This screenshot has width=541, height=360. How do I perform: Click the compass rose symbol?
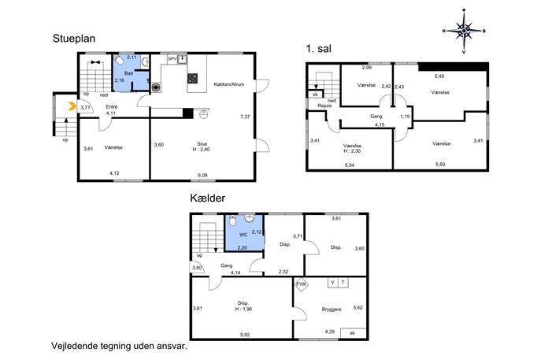(464, 31)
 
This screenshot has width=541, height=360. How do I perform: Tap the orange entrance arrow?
(72, 106)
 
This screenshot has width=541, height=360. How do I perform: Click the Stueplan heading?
(74, 39)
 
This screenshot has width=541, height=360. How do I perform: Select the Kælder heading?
(208, 199)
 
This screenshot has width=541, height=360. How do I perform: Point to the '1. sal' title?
(318, 49)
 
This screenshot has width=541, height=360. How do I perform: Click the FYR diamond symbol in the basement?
(301, 284)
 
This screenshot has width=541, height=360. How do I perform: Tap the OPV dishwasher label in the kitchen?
(172, 59)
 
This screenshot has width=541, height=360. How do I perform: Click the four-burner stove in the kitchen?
(192, 78)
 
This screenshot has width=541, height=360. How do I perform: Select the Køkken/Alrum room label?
(228, 84)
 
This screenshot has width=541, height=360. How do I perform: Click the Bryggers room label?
(332, 310)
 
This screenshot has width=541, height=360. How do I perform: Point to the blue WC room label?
(243, 235)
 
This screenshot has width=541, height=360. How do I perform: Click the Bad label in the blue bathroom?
(128, 73)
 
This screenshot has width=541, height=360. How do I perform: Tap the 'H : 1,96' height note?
(243, 309)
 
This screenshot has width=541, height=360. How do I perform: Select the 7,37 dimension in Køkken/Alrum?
(245, 117)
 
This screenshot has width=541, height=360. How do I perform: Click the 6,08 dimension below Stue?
(202, 176)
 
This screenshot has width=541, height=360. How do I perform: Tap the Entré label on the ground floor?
(112, 107)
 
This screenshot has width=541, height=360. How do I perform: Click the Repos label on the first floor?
(324, 106)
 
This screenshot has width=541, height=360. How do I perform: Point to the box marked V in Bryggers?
(332, 282)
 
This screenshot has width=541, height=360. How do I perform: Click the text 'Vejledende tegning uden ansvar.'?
(120, 346)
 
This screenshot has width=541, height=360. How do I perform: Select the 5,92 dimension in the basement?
(245, 335)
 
